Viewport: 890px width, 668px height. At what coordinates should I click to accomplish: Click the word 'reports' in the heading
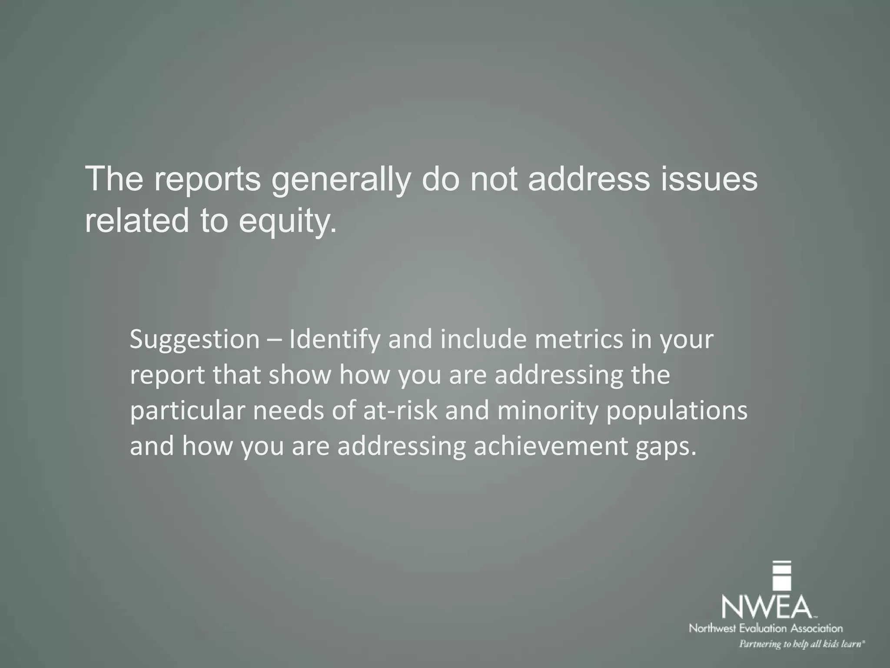(x=206, y=180)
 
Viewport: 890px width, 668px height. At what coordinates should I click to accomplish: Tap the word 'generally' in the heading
(x=340, y=180)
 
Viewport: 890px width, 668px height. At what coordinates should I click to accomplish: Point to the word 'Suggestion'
(x=194, y=340)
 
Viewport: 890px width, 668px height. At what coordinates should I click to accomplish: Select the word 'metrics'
(x=578, y=340)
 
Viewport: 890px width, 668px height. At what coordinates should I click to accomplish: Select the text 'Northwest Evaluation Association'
(x=766, y=628)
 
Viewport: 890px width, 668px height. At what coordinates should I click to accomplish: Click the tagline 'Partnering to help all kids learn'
(x=801, y=644)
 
